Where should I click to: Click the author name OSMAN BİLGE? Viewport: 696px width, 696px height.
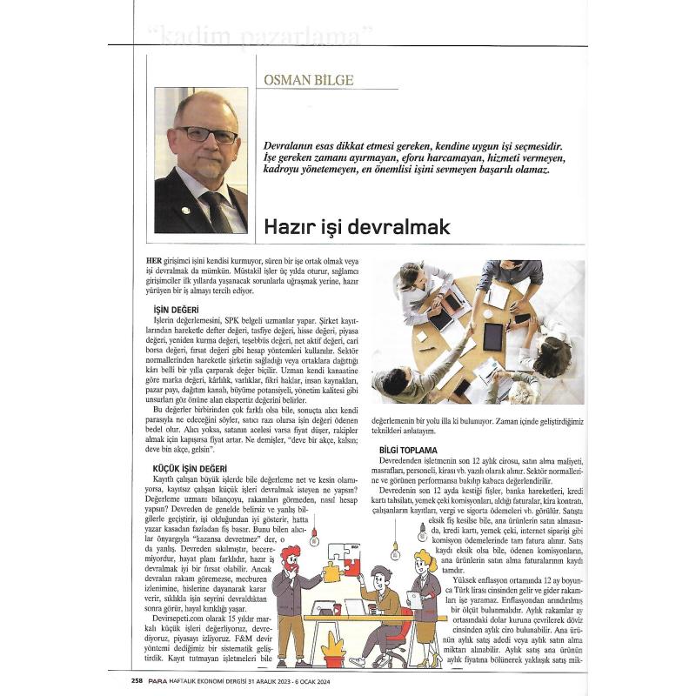click(x=310, y=79)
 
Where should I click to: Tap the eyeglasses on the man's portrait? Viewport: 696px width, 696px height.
click(x=206, y=135)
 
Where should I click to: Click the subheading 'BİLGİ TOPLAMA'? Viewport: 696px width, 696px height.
click(x=413, y=449)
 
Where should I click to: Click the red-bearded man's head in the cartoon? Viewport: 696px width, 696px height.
click(x=291, y=558)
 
